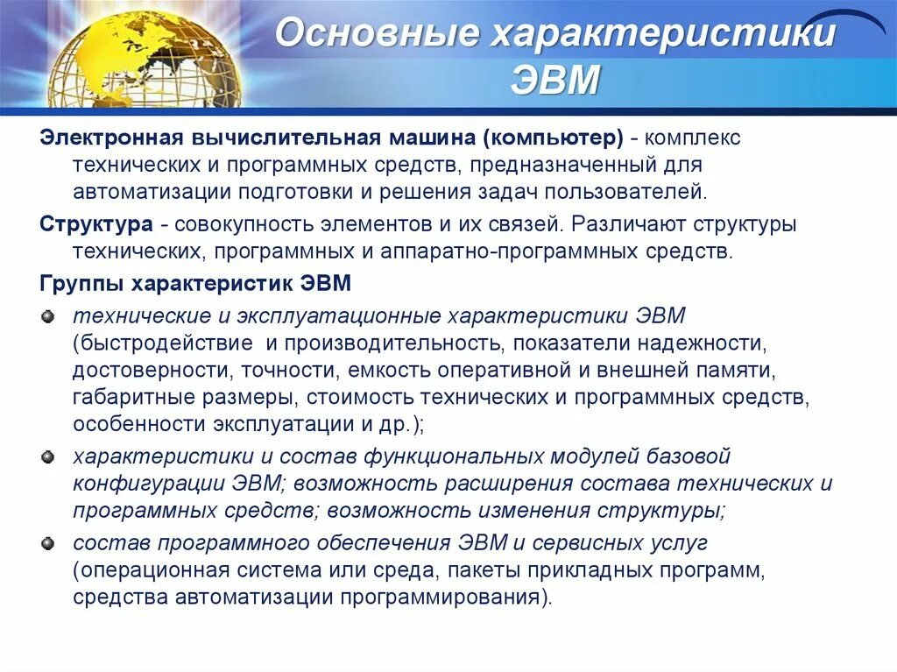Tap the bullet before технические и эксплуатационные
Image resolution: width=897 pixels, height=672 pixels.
(47, 315)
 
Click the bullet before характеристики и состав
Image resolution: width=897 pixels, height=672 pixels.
(47, 456)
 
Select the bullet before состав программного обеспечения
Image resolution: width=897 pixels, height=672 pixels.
(47, 543)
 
